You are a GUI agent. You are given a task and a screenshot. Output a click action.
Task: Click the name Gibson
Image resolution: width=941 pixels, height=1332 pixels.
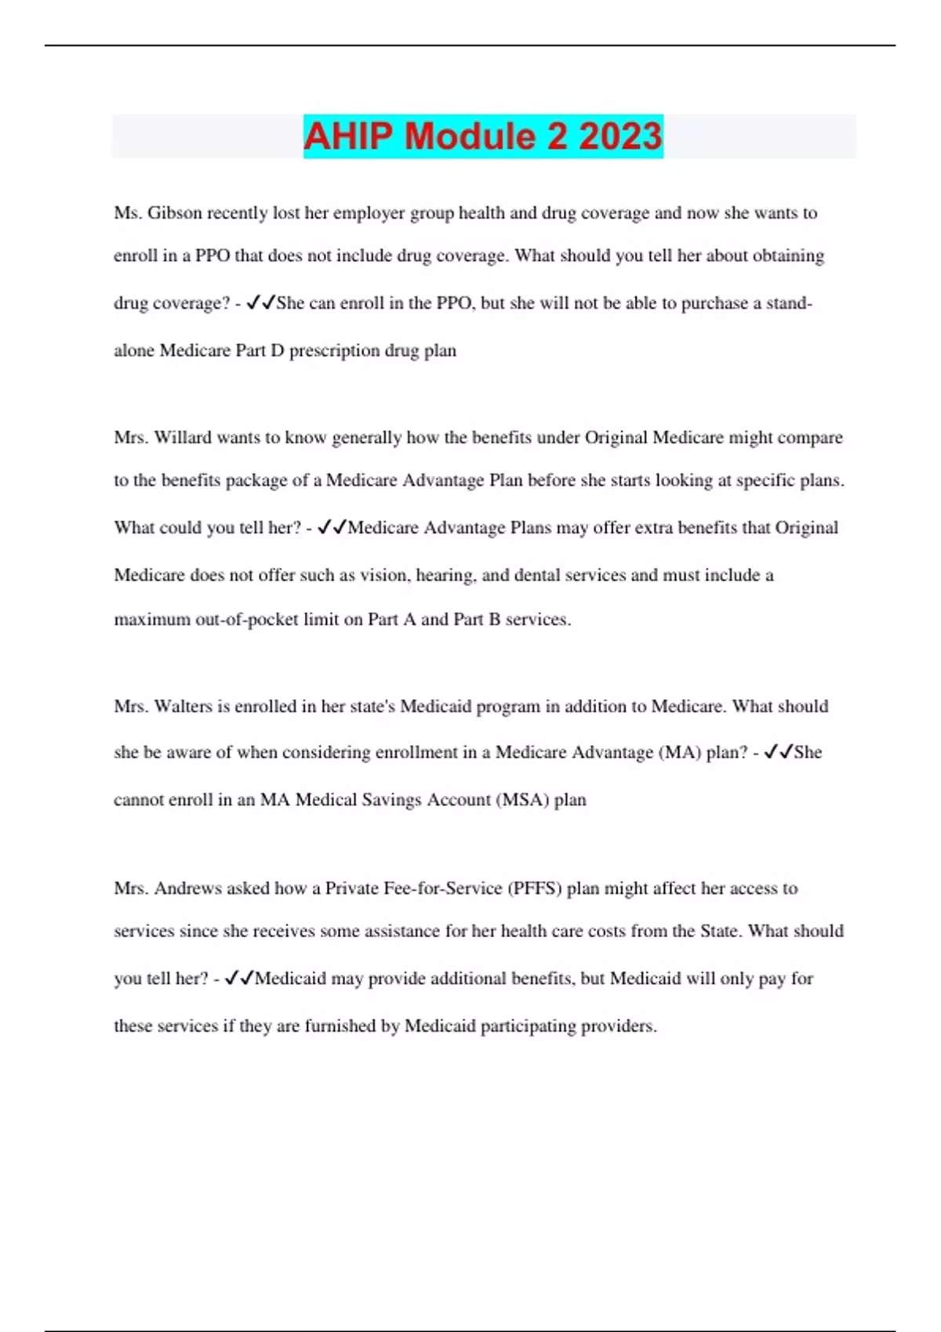coord(174,213)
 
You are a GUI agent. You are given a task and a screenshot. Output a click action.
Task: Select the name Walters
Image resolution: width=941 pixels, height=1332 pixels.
coord(183,707)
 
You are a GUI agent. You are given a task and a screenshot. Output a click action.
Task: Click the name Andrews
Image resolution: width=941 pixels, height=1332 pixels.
coord(187,889)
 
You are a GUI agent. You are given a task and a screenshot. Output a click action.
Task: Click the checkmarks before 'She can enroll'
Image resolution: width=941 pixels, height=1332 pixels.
coord(260,303)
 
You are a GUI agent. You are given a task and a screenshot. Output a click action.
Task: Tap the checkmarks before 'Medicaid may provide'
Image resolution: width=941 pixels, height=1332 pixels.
coord(238,979)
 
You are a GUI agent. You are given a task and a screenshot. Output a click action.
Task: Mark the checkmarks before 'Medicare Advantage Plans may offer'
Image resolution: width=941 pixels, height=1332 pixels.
coord(332,528)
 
